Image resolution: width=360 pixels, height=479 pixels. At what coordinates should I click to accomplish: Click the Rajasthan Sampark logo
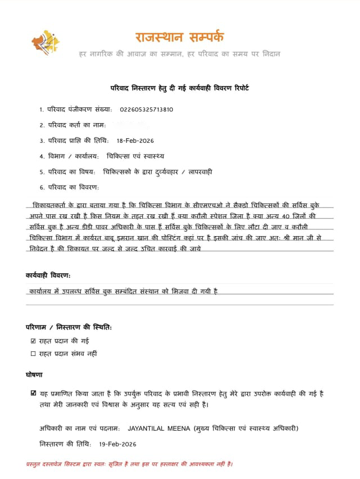45,43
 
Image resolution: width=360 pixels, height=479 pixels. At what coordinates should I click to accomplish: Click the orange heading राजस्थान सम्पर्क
179,37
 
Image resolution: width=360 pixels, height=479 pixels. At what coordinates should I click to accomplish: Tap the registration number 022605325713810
146,110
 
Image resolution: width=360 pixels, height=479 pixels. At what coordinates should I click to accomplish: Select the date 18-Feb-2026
135,141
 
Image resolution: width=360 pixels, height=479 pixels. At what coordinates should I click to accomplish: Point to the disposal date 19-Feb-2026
118,444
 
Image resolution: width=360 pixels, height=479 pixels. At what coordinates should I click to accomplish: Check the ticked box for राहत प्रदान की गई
33,341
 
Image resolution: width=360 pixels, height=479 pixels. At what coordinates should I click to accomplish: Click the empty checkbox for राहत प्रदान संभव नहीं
33,354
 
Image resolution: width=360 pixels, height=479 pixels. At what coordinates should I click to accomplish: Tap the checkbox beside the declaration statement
34,394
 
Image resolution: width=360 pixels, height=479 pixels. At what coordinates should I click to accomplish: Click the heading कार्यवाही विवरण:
48,275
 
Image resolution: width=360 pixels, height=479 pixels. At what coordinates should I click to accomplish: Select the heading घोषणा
34,374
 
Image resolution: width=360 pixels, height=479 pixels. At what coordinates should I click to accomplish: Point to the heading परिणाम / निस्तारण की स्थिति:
69,327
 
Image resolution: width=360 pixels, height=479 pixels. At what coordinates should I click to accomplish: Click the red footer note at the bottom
129,464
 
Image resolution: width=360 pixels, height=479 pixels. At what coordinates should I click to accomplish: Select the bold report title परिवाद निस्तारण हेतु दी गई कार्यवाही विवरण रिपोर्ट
179,88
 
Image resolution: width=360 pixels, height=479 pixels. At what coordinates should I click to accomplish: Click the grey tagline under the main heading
179,54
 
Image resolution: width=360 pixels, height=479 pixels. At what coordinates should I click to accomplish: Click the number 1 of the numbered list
41,110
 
